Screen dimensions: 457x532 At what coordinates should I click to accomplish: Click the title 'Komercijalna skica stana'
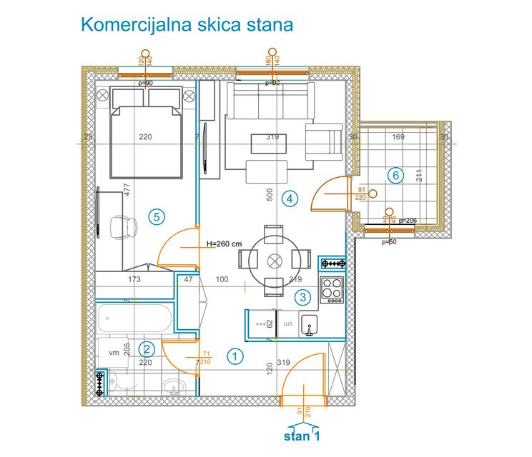pos(187,25)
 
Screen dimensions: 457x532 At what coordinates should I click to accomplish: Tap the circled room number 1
pos(235,354)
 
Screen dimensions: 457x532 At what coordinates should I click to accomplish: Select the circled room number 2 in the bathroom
pos(147,349)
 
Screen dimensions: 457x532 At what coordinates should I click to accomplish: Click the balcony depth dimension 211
pos(420,175)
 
